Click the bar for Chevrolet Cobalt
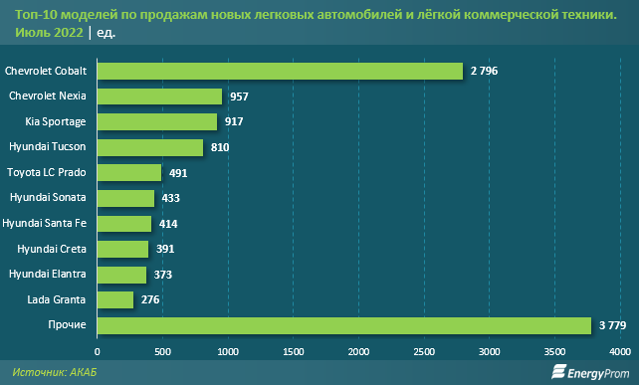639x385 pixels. point(280,71)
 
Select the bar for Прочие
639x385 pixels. point(344,324)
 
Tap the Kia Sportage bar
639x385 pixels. point(157,121)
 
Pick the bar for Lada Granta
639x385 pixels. point(115,299)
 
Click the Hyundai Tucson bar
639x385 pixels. point(150,147)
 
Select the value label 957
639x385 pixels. point(239,96)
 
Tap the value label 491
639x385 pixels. point(178,172)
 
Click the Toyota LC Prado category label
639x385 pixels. point(47,172)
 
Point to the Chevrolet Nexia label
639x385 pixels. point(48,96)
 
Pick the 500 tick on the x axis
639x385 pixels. point(162,350)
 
